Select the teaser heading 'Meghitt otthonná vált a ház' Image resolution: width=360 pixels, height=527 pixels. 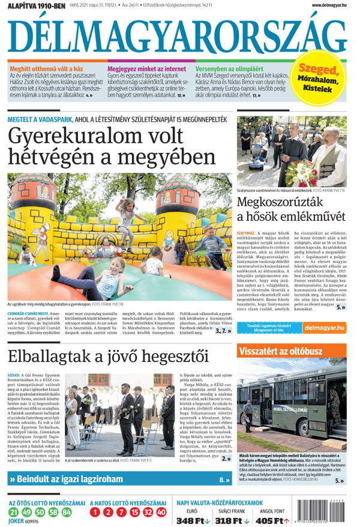click(46, 69)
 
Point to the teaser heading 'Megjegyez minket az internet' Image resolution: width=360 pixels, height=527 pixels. click(147, 69)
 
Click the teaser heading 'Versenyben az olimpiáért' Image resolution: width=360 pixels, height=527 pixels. click(229, 69)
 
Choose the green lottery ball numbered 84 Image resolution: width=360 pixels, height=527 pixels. click(66, 512)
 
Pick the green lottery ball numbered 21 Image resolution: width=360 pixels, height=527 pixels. click(14, 512)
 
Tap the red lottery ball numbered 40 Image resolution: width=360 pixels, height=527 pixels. click(161, 512)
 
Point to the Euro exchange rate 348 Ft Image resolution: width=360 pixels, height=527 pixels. click(192, 520)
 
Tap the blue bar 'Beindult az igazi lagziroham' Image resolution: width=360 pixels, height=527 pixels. click(120, 480)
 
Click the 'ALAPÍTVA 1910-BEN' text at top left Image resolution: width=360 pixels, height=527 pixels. click(36, 5)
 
